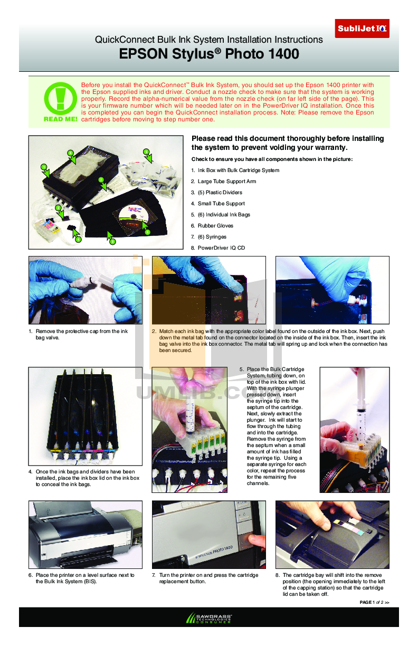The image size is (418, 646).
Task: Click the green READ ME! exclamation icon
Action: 60,99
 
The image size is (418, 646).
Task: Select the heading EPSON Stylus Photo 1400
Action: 209,54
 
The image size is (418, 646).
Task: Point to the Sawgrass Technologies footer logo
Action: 209,618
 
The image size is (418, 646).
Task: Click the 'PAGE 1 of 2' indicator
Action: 374,602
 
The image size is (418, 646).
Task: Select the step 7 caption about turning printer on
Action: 208,578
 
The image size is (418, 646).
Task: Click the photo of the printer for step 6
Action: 85,534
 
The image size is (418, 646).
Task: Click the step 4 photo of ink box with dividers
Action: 85,415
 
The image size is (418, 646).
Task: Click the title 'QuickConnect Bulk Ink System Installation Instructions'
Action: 208,40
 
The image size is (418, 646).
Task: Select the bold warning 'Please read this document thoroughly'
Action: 288,143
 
